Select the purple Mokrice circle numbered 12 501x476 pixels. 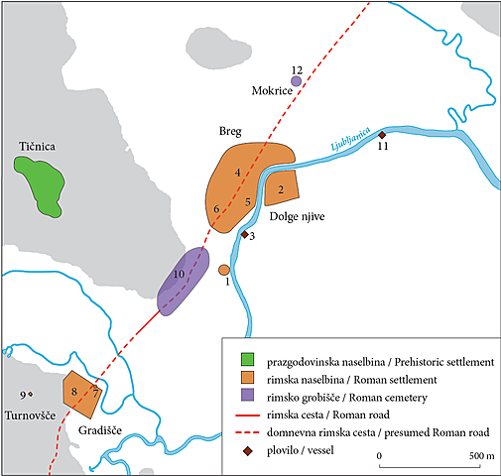pos(296,81)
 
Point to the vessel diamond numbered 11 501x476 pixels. pos(382,136)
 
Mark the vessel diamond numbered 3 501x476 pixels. pos(244,236)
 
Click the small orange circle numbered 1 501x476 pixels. pos(224,270)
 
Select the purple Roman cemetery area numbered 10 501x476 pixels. pos(184,284)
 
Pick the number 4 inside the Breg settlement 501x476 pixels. pos(238,173)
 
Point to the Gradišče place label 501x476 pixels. pos(100,432)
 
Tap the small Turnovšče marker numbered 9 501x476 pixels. pos(31,394)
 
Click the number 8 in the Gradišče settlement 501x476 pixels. pos(74,394)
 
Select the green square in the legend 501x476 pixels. pos(247,358)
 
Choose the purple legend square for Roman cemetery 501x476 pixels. pos(247,396)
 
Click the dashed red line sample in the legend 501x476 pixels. pos(247,433)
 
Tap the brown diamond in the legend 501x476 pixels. pos(247,451)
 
